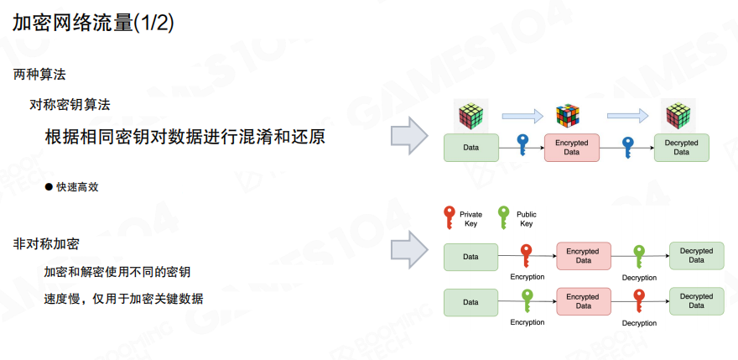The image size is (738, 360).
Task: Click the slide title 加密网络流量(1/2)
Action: tap(94, 23)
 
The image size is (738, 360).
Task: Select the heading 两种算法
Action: tap(39, 75)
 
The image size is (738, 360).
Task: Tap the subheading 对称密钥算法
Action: tap(70, 105)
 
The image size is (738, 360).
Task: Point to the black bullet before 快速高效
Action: tap(49, 187)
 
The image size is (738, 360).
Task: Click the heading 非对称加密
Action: tap(46, 244)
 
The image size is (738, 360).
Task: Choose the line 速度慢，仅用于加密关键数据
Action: tap(123, 299)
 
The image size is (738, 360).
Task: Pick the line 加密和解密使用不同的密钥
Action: tap(117, 272)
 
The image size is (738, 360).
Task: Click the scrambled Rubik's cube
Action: tap(568, 117)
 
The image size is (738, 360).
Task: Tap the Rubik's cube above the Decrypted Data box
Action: tap(677, 116)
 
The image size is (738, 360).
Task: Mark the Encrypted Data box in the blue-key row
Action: tap(572, 148)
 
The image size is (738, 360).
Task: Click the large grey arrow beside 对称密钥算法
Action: tap(411, 135)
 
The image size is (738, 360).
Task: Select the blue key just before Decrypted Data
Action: tap(627, 146)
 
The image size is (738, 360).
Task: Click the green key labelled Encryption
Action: tap(527, 300)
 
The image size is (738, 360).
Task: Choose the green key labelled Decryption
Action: tap(639, 255)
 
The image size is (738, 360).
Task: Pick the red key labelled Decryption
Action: tap(639, 300)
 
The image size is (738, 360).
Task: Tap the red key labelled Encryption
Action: tap(527, 255)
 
